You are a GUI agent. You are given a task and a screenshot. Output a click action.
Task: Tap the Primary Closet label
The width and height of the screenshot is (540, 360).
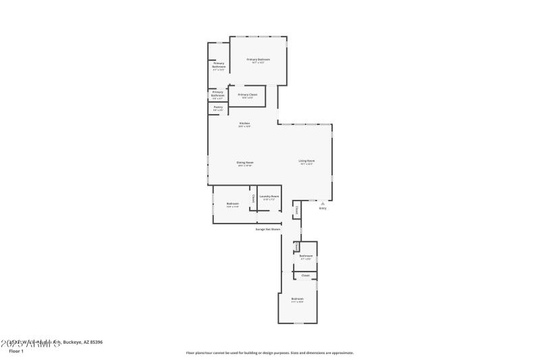(248, 95)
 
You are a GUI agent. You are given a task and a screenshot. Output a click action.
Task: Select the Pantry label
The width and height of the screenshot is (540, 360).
(218, 107)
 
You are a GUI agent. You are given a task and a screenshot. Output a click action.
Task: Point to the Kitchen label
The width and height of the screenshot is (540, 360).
(244, 124)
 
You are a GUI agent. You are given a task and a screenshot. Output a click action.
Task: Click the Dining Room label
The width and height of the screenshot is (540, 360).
(244, 163)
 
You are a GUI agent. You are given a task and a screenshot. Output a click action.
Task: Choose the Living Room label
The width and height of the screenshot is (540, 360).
(307, 161)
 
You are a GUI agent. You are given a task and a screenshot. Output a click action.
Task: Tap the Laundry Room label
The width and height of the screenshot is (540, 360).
(269, 197)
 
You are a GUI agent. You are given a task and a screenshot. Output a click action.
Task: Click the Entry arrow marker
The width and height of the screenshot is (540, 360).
(323, 203)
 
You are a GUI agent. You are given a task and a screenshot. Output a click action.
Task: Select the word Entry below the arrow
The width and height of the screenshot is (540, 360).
(323, 208)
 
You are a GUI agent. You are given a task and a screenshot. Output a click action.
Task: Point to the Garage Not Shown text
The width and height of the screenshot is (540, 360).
(267, 230)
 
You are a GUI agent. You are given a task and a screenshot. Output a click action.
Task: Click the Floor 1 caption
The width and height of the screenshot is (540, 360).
(16, 351)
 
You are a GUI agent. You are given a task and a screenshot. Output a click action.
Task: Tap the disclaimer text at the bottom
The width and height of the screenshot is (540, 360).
(270, 353)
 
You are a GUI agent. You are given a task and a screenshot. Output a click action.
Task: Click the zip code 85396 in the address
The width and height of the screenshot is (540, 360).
(95, 342)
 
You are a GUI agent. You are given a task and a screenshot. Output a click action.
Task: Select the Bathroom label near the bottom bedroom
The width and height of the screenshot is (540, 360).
(306, 255)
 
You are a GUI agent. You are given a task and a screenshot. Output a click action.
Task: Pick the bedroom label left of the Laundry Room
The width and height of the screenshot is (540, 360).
(233, 204)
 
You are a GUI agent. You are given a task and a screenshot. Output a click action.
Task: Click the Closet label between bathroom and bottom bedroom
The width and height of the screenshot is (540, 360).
(305, 276)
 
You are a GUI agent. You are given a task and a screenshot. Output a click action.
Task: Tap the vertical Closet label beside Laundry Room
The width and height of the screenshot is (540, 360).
(253, 199)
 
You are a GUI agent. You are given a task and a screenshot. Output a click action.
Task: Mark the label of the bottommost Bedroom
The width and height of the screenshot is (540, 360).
(297, 299)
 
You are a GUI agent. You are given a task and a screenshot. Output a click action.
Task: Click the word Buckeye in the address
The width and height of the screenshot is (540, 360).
(73, 342)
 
